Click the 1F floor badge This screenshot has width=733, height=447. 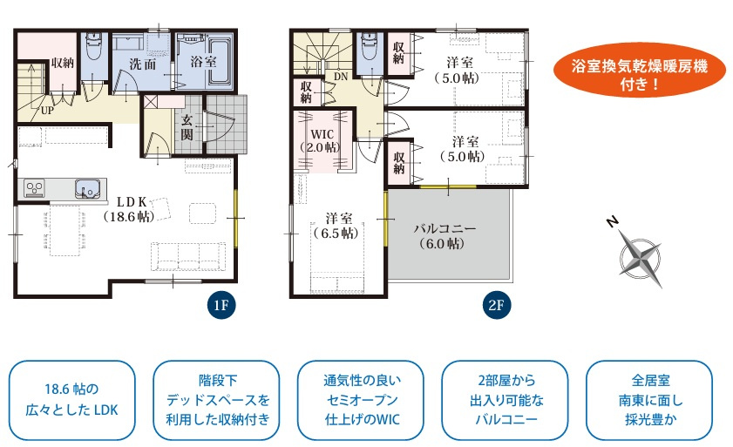(x=221, y=305)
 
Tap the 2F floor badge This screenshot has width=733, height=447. (x=496, y=305)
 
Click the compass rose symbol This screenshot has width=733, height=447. (x=640, y=258)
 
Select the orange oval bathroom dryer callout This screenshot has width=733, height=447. (x=640, y=70)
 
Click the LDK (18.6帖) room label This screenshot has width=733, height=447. (x=128, y=209)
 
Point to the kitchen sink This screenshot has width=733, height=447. (x=86, y=188)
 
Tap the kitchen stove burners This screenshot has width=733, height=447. (x=35, y=188)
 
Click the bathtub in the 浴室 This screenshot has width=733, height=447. (x=220, y=62)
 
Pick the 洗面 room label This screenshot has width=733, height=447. (x=143, y=64)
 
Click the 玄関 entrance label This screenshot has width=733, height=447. (x=187, y=127)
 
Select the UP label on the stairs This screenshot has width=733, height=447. (x=47, y=111)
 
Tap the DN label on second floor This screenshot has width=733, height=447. (x=341, y=77)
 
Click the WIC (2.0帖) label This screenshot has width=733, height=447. (x=322, y=140)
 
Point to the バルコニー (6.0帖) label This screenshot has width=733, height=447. (x=445, y=236)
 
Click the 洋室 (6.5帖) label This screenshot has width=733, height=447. (x=338, y=226)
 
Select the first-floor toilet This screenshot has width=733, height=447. (x=94, y=47)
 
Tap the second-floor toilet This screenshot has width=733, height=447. (x=370, y=47)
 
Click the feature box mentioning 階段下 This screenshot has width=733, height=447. (x=217, y=400)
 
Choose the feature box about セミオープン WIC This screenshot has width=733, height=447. (x=362, y=400)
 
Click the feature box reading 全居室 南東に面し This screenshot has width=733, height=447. (x=650, y=400)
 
